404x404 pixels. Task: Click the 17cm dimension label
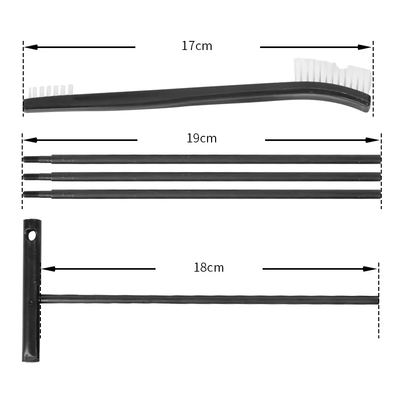197,46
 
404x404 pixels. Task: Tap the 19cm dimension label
201,138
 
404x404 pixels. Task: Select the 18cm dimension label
209,268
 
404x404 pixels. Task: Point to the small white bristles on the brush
50,91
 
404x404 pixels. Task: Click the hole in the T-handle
32,235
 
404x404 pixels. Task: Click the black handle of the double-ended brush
177,98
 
